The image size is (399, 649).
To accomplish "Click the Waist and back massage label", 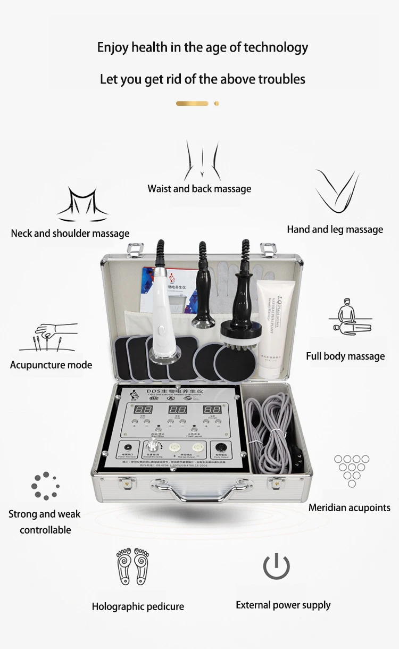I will (x=199, y=189).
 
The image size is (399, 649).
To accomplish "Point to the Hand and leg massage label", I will (x=335, y=229).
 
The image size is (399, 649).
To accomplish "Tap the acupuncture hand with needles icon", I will (x=49, y=338).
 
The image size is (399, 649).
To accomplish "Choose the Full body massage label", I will (x=345, y=356).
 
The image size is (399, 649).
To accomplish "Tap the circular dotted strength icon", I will (x=45, y=485).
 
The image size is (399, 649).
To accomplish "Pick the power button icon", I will (x=277, y=566).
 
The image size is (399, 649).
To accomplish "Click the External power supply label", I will (x=283, y=605).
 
